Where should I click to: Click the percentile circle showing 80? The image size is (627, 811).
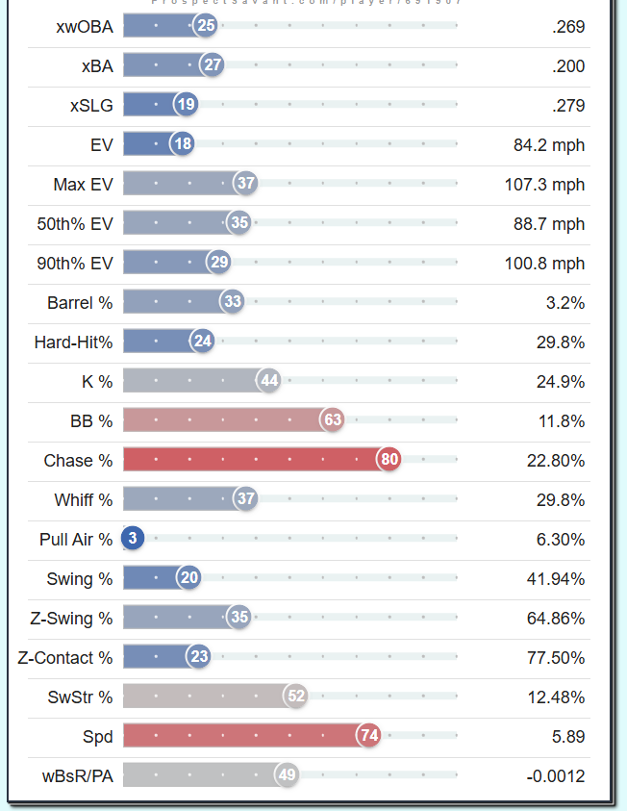pyautogui.click(x=389, y=460)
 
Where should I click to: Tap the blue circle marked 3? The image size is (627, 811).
pyautogui.click(x=133, y=539)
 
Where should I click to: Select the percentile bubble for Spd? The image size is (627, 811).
pyautogui.click(x=368, y=736)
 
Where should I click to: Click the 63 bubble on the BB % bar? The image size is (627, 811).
pyautogui.click(x=333, y=420)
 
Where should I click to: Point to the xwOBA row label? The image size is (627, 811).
pyautogui.click(x=85, y=26)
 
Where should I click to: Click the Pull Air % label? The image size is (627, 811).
pyautogui.click(x=76, y=540)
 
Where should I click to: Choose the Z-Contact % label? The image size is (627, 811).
pyautogui.click(x=65, y=658)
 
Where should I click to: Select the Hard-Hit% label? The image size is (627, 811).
pyautogui.click(x=73, y=342)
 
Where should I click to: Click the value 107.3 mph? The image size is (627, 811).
pyautogui.click(x=544, y=184)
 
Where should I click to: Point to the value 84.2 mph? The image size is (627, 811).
pyautogui.click(x=549, y=145)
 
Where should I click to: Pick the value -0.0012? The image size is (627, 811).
pyautogui.click(x=552, y=776)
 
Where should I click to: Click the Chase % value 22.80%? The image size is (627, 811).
pyautogui.click(x=556, y=461)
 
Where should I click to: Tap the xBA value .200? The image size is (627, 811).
pyautogui.click(x=568, y=66)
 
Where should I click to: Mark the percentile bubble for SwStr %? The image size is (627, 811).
pyautogui.click(x=296, y=697)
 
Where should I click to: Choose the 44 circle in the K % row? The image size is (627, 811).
pyautogui.click(x=269, y=381)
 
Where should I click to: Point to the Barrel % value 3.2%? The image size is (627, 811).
pyautogui.click(x=565, y=303)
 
